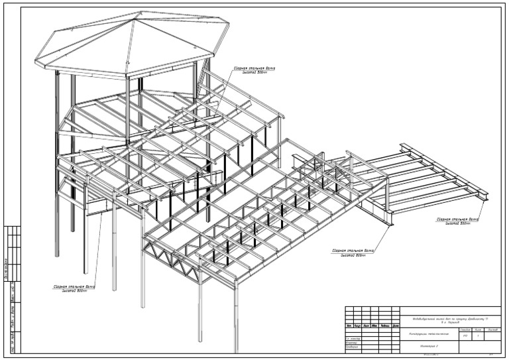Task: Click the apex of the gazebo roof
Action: (133, 19)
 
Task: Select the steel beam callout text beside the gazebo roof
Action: (254, 68)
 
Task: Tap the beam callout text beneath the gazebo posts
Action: (74, 286)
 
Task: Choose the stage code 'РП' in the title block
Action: (465, 337)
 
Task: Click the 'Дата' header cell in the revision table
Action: (395, 326)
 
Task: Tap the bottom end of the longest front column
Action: (235, 349)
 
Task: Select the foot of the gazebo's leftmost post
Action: (57, 255)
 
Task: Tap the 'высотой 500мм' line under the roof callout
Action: (254, 72)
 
